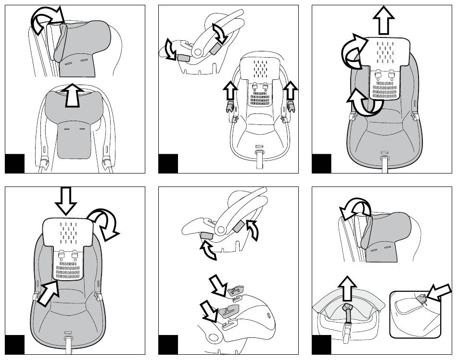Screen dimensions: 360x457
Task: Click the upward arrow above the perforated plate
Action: pyautogui.click(x=383, y=20)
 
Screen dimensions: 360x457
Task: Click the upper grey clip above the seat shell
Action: pyautogui.click(x=236, y=290)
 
